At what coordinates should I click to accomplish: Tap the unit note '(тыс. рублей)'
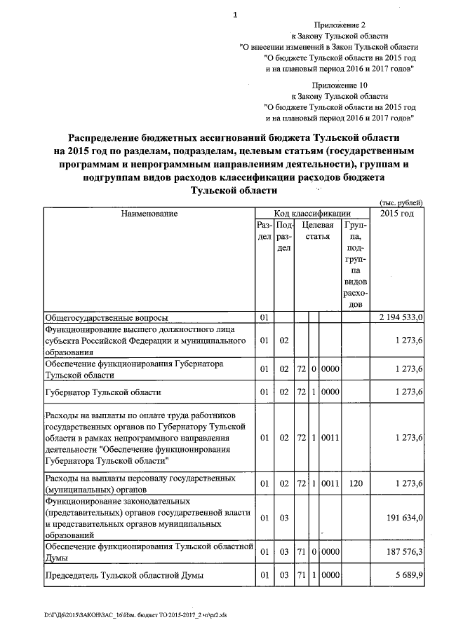point(402,200)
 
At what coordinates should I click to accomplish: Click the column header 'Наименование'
point(148,213)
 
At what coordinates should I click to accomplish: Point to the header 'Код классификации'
point(312,213)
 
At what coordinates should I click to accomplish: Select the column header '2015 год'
point(397,213)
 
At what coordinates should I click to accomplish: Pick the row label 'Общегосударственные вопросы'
point(106,318)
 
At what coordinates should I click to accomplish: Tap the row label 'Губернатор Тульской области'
point(103,392)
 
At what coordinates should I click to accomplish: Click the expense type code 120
point(355,483)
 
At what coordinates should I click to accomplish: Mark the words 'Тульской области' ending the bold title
point(235,191)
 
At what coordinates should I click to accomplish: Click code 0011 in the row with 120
point(330,483)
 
